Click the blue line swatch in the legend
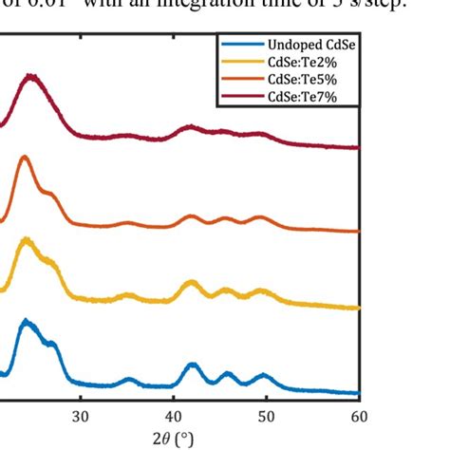click(241, 45)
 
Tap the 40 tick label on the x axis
click(174, 417)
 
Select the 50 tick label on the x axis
click(267, 417)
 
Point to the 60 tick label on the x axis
click(359, 417)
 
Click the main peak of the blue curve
click(26, 322)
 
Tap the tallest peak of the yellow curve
click(25, 240)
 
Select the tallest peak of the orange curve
click(24, 158)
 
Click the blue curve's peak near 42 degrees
click(192, 365)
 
